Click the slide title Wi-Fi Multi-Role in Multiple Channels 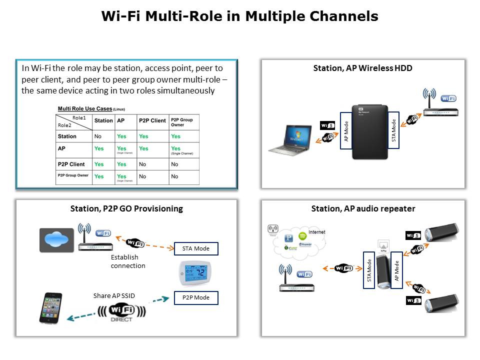(239, 16)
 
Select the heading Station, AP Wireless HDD (362, 68)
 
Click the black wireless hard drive (369, 131)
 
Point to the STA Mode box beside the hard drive (393, 130)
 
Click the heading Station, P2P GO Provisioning (126, 208)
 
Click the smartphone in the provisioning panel (51, 307)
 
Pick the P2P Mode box (196, 298)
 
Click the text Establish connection (128, 261)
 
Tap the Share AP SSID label (114, 295)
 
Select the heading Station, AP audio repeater (363, 208)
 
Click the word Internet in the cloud (316, 232)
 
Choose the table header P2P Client (152, 120)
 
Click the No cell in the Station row (97, 136)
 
